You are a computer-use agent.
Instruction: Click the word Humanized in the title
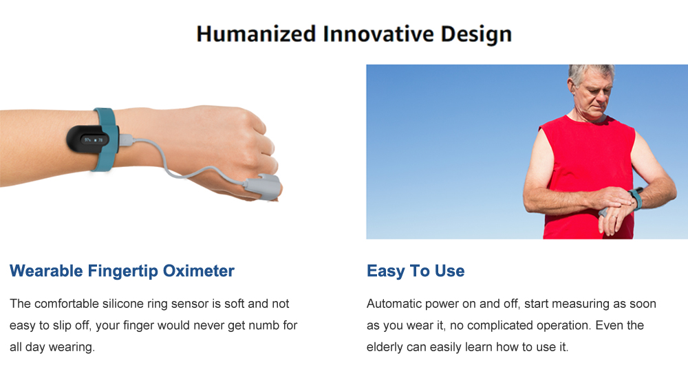click(256, 34)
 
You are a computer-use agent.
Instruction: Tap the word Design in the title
click(476, 34)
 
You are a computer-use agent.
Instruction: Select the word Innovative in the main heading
click(378, 34)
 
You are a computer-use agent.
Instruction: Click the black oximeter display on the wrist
click(90, 140)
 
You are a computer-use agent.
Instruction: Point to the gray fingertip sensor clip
click(262, 186)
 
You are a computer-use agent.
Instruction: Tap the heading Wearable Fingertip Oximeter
click(122, 271)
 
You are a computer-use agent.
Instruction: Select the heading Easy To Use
click(416, 271)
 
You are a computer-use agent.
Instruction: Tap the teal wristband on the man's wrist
click(637, 198)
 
